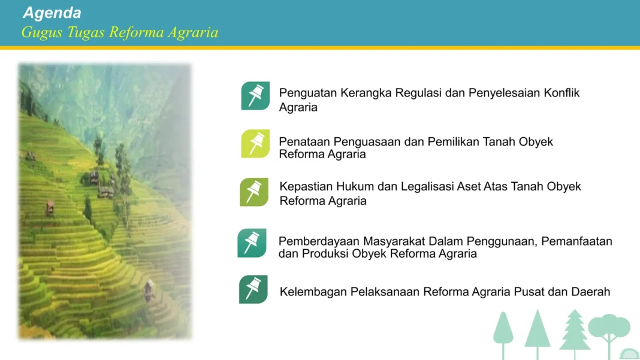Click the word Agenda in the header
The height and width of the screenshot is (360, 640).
point(52,13)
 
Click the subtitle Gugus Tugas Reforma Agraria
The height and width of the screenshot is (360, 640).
point(119,32)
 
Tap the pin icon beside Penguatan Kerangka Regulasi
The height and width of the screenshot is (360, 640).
point(255,96)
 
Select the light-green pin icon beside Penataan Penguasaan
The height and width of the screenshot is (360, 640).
point(255,144)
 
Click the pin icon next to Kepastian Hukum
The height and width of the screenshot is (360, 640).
point(254,192)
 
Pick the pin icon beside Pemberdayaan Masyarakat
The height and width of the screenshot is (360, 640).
point(252,243)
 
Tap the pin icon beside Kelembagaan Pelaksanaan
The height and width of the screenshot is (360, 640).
point(253,289)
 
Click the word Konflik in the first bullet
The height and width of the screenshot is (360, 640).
point(561,93)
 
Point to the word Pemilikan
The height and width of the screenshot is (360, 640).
point(454,142)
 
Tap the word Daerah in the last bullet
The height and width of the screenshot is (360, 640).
point(590,292)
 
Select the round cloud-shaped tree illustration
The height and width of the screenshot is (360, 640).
point(609,328)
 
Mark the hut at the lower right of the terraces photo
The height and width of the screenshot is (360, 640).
point(148,289)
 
